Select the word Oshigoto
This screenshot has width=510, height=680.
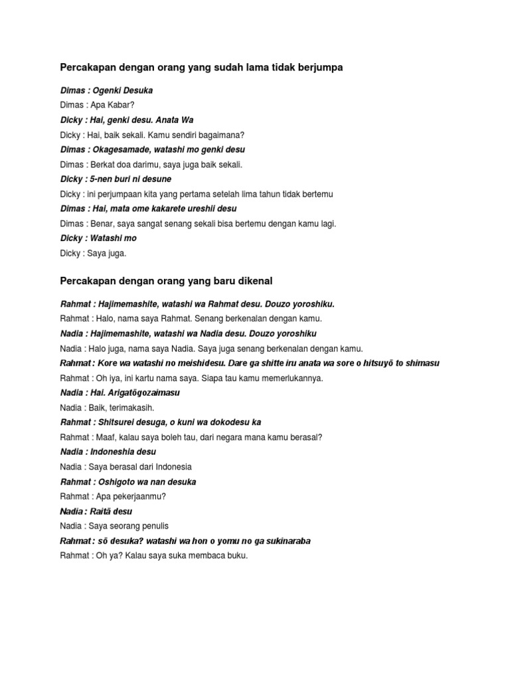click(x=118, y=482)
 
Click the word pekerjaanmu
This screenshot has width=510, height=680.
click(x=137, y=497)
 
